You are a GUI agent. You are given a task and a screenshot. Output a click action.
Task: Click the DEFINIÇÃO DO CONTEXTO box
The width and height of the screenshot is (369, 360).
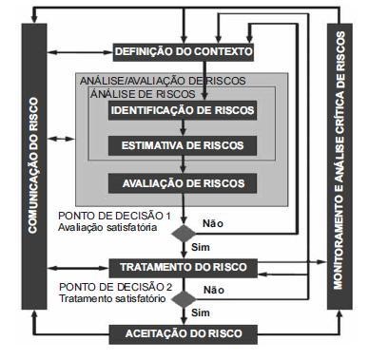coord(184,50)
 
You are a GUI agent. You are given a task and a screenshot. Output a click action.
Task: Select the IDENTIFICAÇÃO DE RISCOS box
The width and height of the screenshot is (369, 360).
coord(183,111)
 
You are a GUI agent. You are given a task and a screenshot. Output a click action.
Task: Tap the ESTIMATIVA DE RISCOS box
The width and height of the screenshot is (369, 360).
coord(183,146)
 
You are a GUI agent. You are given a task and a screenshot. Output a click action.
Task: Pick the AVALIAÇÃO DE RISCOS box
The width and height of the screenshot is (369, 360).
coord(183,181)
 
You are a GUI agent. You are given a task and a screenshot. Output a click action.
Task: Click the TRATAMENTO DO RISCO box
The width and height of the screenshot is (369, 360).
coord(183,267)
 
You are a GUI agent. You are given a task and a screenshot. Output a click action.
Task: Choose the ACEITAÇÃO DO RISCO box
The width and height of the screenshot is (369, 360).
coord(183,333)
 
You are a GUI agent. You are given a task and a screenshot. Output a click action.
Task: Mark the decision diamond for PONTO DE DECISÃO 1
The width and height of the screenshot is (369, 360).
coord(184,232)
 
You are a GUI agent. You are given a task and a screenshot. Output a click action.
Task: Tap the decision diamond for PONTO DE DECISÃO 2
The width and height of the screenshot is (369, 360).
coord(184,297)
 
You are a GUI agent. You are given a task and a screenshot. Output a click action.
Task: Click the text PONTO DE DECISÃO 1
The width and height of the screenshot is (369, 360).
coord(115,217)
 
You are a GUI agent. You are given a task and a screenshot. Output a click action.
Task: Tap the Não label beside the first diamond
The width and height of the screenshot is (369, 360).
coord(213,224)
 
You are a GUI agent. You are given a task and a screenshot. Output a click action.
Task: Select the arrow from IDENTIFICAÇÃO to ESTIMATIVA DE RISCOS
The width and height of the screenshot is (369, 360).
coord(184,128)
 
